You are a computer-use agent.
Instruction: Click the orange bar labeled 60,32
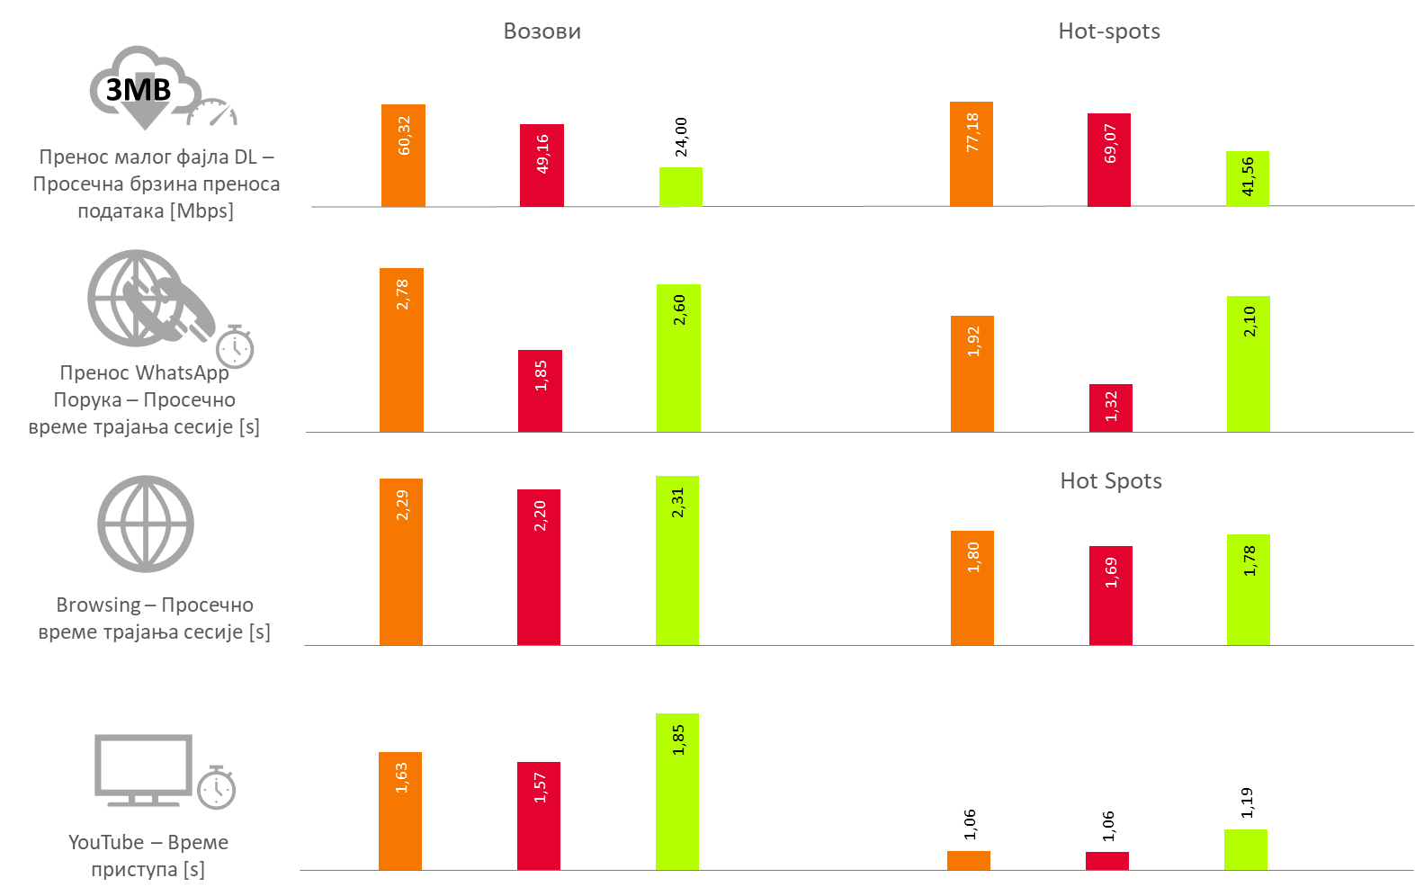403,156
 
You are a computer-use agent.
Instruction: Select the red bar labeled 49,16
542,166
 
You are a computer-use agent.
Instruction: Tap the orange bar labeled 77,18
972,154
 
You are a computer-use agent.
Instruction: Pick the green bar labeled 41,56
1248,179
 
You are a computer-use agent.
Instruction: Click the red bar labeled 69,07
1109,160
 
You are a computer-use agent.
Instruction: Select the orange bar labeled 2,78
401,350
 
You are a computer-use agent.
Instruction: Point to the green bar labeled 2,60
678,358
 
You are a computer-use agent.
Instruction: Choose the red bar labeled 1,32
1111,408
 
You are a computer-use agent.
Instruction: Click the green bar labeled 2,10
1249,364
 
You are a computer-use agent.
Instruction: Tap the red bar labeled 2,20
539,567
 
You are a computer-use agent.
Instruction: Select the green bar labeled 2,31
677,560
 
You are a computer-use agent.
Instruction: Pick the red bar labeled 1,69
1111,596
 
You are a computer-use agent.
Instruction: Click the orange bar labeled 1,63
400,811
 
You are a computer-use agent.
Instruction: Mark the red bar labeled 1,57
539,816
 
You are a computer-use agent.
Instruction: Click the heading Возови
542,31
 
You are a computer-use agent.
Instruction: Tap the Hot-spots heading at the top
1108,31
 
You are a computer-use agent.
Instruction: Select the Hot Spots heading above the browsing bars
1111,481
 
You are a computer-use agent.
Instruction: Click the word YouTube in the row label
106,843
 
